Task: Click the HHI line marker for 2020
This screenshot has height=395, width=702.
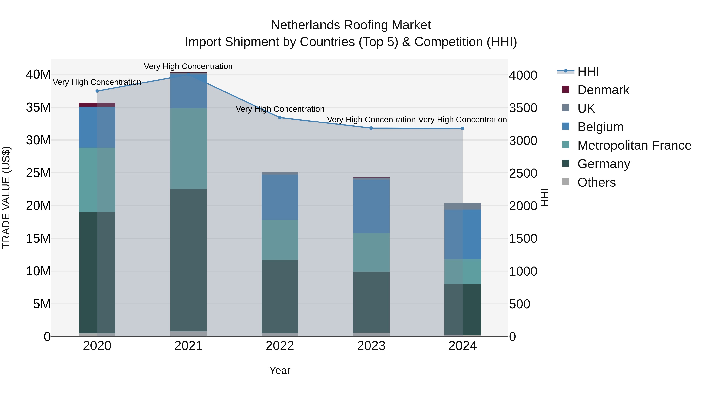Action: click(x=97, y=91)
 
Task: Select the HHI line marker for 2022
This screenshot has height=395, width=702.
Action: click(x=280, y=118)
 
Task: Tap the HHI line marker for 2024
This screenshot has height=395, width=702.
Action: click(x=463, y=128)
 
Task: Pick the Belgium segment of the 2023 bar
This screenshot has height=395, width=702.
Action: click(x=371, y=206)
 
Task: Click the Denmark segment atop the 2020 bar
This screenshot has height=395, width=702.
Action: click(x=97, y=105)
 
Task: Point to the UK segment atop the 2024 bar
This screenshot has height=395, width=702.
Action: click(x=463, y=206)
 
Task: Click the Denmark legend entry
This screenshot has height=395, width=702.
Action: click(x=603, y=90)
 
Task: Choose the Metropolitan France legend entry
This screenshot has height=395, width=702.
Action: click(x=634, y=145)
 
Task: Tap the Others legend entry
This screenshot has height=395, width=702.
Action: click(x=596, y=182)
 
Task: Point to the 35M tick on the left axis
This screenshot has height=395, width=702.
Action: click(x=38, y=107)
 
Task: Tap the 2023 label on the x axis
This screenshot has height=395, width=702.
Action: click(x=371, y=346)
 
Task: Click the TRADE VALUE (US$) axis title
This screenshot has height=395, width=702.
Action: click(x=6, y=197)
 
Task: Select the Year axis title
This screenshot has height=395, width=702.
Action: click(x=280, y=370)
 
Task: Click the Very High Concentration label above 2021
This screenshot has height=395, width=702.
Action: click(x=188, y=66)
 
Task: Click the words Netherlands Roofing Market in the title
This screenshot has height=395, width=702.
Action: click(x=351, y=25)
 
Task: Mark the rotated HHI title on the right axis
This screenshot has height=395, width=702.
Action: click(x=544, y=197)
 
